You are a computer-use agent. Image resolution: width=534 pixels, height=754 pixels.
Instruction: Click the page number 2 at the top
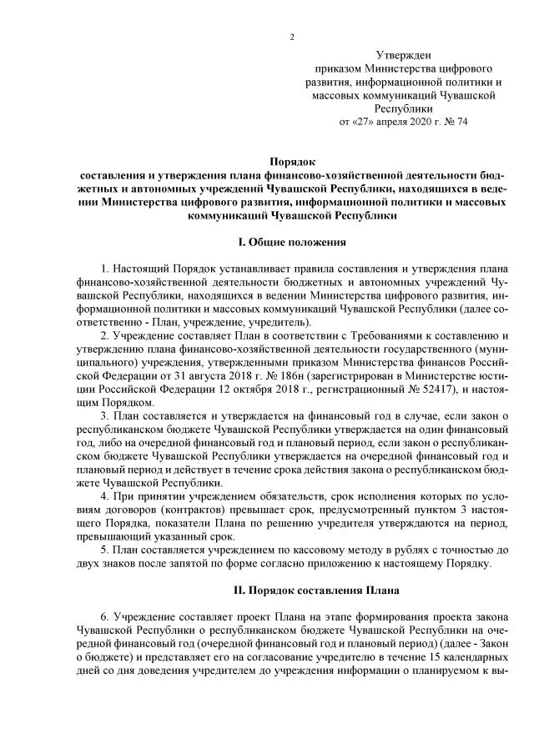(292, 37)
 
